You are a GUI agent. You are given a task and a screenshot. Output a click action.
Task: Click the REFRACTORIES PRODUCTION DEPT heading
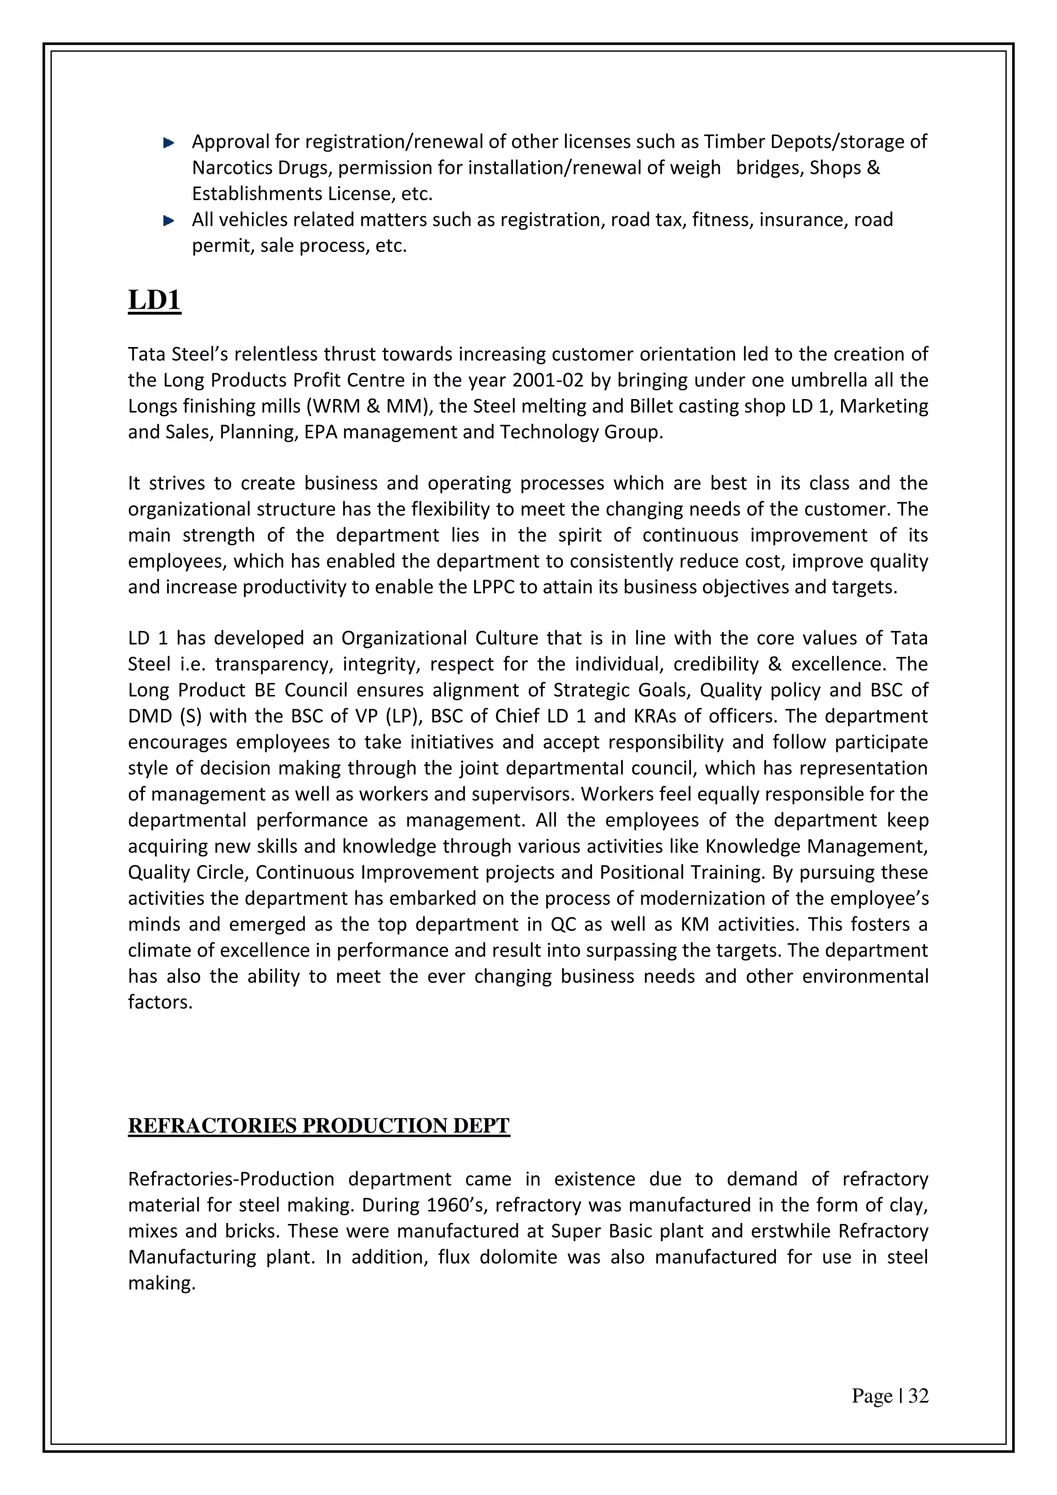(x=318, y=1126)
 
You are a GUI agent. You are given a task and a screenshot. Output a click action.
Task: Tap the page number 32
(x=918, y=1395)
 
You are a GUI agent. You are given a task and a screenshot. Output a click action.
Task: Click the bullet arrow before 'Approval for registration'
(x=169, y=142)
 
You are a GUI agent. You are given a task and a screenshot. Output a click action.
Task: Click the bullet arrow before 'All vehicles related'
(x=169, y=221)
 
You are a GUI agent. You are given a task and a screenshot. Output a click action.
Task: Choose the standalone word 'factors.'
(x=160, y=1002)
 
